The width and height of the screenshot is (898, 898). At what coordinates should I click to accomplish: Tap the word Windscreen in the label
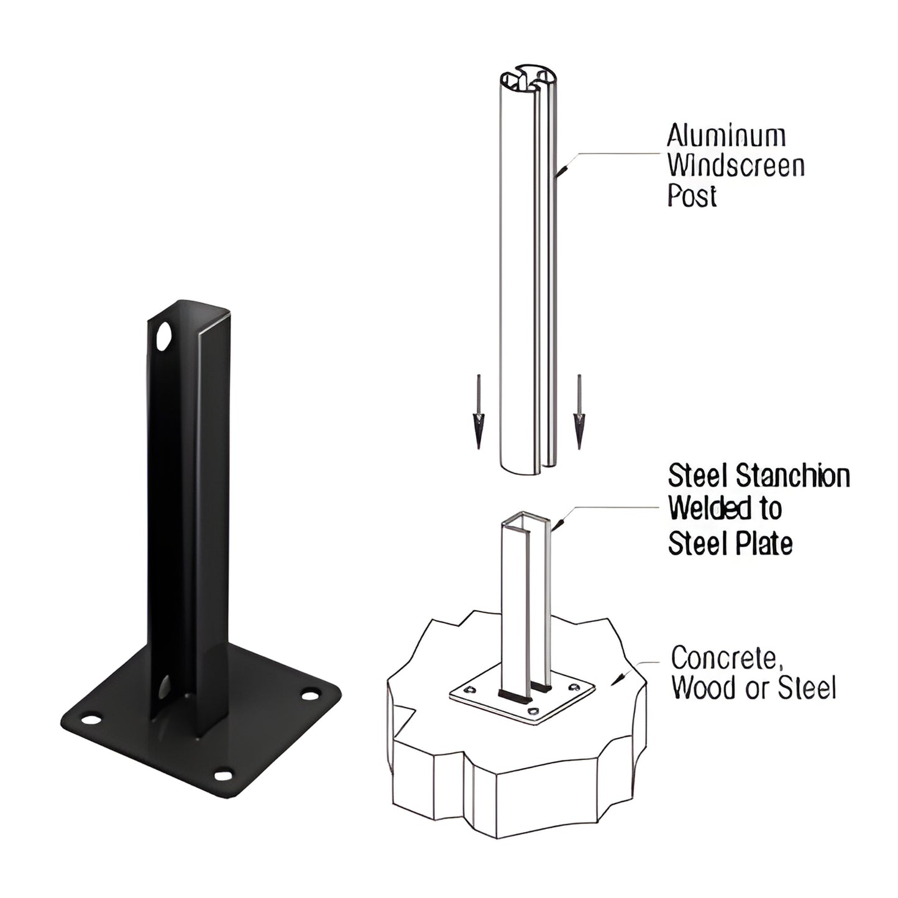pos(736,165)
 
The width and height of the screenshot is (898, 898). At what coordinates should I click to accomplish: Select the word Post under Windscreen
pos(692,196)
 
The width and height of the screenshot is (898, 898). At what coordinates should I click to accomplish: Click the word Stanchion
pos(792,476)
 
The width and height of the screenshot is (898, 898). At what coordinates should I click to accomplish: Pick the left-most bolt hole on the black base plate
pos(92,720)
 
